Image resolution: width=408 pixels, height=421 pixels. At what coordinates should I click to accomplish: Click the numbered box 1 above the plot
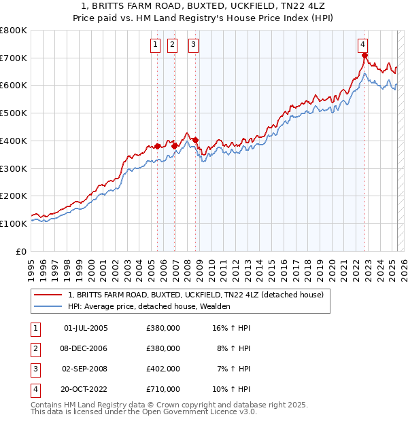pos(156,45)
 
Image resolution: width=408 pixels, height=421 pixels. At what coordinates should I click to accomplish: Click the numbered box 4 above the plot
pos(364,45)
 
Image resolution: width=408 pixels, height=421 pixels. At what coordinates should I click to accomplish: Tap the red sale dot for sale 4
pos(365,56)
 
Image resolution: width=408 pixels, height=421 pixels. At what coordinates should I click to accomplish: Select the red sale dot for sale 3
pos(196,141)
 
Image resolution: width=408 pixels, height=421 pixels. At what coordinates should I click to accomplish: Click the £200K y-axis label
pos(14,196)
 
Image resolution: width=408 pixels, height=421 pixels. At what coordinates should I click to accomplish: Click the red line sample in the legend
pos(48,295)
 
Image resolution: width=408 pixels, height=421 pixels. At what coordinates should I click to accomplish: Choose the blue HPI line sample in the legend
pos(48,306)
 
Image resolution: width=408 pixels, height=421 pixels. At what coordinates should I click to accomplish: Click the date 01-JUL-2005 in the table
pos(85,328)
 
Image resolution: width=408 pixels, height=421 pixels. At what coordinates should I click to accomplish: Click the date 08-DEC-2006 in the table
pos(85,348)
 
